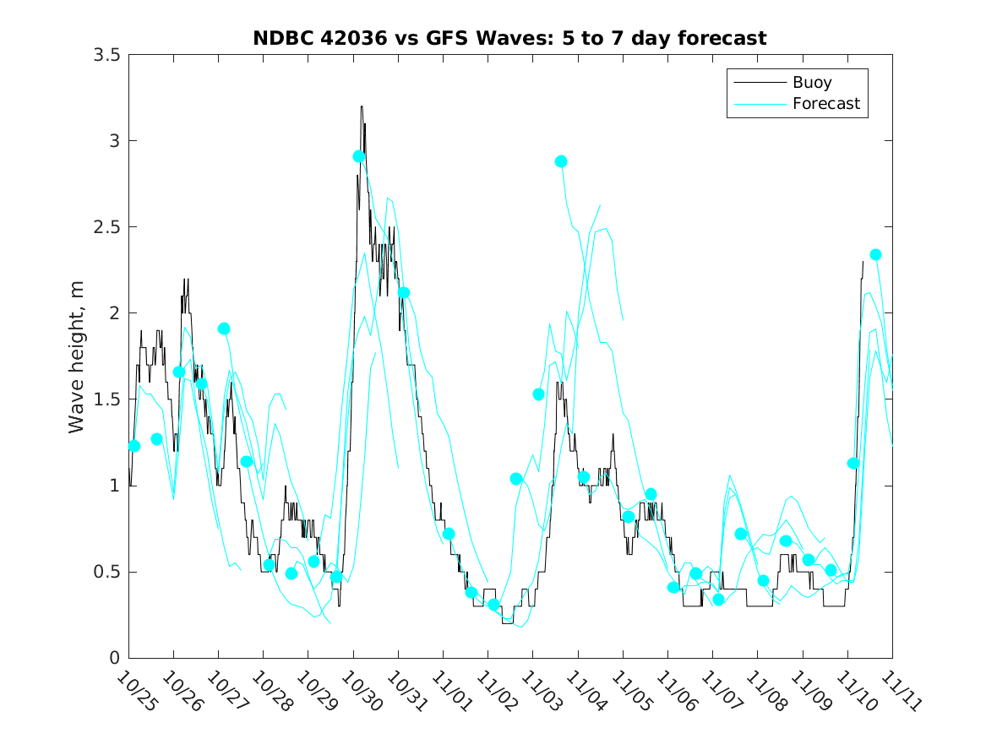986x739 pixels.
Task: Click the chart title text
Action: pyautogui.click(x=509, y=38)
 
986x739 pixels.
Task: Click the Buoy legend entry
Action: pyautogui.click(x=811, y=83)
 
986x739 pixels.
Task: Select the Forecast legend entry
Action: pyautogui.click(x=825, y=104)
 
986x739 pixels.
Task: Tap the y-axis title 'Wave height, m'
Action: pyautogui.click(x=77, y=356)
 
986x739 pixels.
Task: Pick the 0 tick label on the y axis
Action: pyautogui.click(x=114, y=658)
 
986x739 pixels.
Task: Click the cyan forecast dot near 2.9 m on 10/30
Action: pyautogui.click(x=359, y=156)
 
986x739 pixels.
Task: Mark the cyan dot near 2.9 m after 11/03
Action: pyautogui.click(x=561, y=161)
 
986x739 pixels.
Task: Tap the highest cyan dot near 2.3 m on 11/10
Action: pyautogui.click(x=875, y=255)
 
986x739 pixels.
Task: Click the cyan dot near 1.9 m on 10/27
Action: pyautogui.click(x=224, y=329)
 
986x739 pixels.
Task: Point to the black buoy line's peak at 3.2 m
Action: pyautogui.click(x=362, y=106)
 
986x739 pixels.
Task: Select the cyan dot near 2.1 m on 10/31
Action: pyautogui.click(x=404, y=293)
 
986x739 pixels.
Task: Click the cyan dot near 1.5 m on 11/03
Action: pyautogui.click(x=538, y=394)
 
